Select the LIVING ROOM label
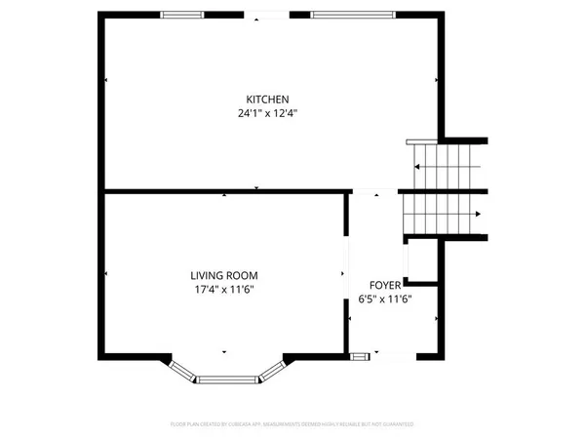[x=223, y=276]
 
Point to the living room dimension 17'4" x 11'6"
[x=223, y=290]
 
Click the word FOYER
[x=384, y=285]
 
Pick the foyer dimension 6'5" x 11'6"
[x=384, y=299]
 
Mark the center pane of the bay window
[x=227, y=378]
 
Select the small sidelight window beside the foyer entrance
[x=360, y=356]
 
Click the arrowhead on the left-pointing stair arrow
[x=416, y=167]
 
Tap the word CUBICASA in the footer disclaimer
[x=250, y=424]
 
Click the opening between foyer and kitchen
[x=374, y=190]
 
